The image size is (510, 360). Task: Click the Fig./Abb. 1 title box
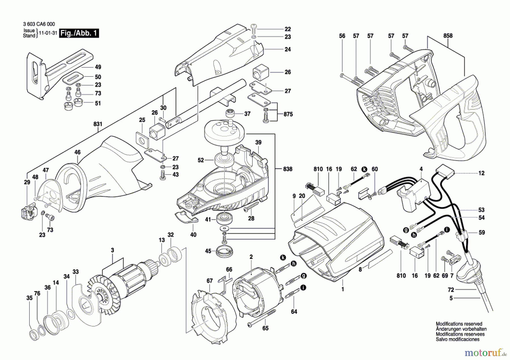coord(79,33)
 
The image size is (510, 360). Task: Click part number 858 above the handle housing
coord(448,36)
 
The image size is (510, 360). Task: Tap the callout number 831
coord(98,124)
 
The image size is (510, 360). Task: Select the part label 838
coord(288,169)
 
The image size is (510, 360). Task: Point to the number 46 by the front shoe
coord(77,152)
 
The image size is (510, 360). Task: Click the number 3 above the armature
coord(112,250)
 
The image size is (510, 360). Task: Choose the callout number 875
coord(288,114)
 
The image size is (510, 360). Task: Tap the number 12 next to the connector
coord(481,173)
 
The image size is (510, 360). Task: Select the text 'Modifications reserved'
coord(459,324)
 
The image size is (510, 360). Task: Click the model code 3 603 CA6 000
coord(39,24)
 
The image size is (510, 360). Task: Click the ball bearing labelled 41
coord(224,219)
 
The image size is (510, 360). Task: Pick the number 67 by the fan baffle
coord(209,281)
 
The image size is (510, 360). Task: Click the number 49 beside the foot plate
coord(98,67)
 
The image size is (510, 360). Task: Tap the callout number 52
coord(201,160)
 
